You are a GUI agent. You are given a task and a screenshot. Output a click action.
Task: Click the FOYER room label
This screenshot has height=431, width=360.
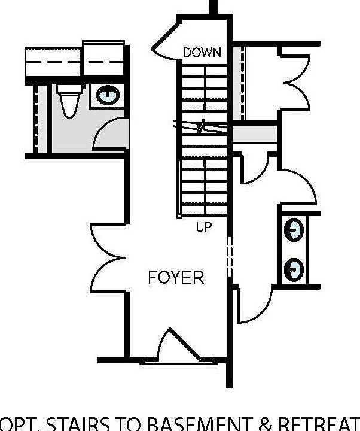(x=176, y=278)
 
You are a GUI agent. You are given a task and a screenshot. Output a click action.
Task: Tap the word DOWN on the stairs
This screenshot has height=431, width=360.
(x=202, y=53)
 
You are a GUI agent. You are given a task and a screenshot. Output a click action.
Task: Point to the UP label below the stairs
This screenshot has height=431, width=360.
(x=204, y=227)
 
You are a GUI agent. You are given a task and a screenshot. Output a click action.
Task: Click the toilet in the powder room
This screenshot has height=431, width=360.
(x=68, y=100)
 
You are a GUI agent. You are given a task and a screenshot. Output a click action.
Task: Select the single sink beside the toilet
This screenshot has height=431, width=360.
(x=108, y=95)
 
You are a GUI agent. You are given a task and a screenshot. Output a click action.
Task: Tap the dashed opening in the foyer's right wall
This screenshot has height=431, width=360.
(x=229, y=256)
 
